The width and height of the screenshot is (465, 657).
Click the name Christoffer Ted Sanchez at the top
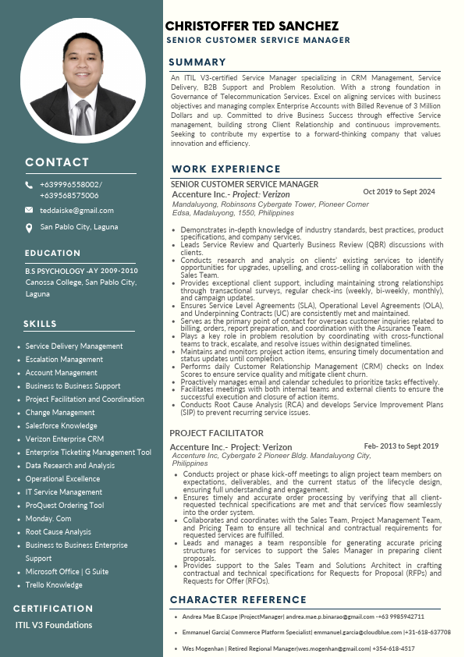click(x=252, y=27)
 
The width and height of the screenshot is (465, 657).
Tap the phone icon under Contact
click(x=29, y=185)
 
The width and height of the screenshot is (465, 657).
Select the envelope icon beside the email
click(x=29, y=210)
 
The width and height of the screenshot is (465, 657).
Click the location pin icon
click(x=29, y=228)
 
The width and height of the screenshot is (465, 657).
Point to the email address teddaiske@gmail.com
click(x=76, y=210)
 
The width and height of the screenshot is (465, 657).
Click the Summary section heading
click(x=198, y=62)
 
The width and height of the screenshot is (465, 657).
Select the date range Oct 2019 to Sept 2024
click(x=399, y=191)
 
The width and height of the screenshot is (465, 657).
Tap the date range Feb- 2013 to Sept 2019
click(x=401, y=446)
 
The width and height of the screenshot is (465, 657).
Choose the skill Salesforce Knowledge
click(x=62, y=426)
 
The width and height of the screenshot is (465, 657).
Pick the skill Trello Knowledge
click(x=54, y=584)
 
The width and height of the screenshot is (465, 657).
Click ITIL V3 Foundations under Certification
click(x=54, y=624)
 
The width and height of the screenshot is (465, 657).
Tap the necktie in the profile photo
click(x=83, y=115)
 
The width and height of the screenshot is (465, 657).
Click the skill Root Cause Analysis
click(x=59, y=532)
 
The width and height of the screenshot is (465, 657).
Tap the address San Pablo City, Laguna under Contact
click(x=79, y=227)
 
